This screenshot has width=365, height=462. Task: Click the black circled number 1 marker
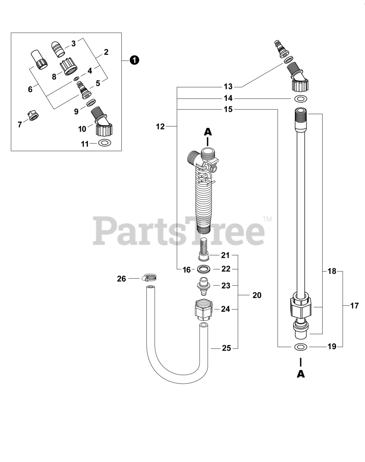click(134, 61)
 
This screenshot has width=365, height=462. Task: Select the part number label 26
click(122, 279)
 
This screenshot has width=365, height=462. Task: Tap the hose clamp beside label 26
click(152, 278)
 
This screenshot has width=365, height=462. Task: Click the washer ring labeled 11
click(105, 143)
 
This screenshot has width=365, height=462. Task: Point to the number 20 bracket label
click(257, 295)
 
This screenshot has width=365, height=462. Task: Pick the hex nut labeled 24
click(203, 309)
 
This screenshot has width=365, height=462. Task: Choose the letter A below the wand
click(301, 374)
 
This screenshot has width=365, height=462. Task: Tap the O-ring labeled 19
click(301, 347)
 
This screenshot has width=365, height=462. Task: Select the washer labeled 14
click(301, 99)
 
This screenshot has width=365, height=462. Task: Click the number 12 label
click(160, 126)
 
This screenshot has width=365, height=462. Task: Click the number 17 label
click(355, 306)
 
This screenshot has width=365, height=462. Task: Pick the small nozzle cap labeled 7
click(34, 116)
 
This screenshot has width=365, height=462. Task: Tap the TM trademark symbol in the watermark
click(267, 219)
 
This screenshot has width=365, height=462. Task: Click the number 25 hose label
click(226, 348)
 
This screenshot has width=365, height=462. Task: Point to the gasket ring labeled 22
click(204, 269)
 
